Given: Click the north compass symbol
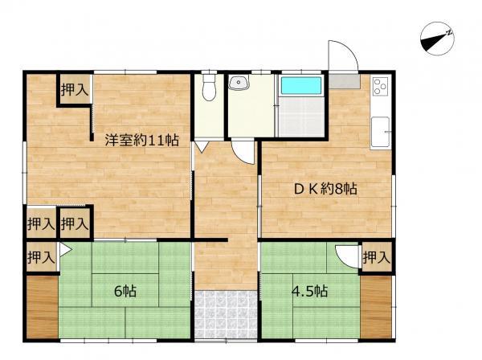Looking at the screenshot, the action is pos(437,39).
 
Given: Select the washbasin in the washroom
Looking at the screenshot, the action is pos(239,83).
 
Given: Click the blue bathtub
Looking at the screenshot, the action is pos(301,85).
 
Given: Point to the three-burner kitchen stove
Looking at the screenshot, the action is pos(381,87).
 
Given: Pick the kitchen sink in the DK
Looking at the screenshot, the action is pos(381,133).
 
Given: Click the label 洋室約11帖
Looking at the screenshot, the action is pos(141,140).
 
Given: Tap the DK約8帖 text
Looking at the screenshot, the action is pos(326,189).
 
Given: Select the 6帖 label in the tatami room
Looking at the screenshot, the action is pos(125,291).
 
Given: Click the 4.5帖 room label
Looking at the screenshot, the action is pos(309,291).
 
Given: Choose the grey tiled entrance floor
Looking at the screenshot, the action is pos(226,314).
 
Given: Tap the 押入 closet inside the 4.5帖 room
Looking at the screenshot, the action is pos(377,257).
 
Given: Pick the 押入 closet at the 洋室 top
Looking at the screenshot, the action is pos(75,89).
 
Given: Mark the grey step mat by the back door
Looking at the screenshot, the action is pos(345,81).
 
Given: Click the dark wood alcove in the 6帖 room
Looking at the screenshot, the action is pos(42,308).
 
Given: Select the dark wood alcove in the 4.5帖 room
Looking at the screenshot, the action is pos(376,308).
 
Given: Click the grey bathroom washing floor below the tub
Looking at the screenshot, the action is pos(301,117).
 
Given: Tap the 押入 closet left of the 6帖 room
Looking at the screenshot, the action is pos(41,257).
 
